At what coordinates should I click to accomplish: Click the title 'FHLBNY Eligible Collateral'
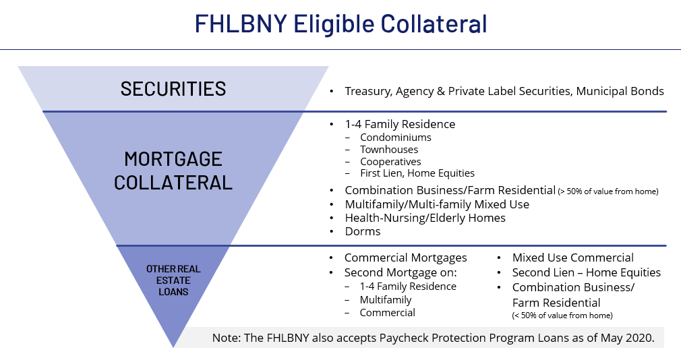pyautogui.click(x=340, y=24)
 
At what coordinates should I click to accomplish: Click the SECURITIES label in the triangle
pyautogui.click(x=173, y=89)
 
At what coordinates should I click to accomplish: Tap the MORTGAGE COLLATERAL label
pyautogui.click(x=173, y=171)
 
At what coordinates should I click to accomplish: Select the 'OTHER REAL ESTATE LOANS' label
pyautogui.click(x=173, y=280)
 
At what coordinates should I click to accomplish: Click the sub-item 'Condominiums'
pyautogui.click(x=396, y=138)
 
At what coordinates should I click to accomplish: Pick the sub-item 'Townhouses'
pyautogui.click(x=389, y=150)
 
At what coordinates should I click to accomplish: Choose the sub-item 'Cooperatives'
pyautogui.click(x=390, y=162)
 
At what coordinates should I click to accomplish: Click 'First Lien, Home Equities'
pyautogui.click(x=417, y=173)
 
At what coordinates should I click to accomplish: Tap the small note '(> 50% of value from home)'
pyautogui.click(x=608, y=191)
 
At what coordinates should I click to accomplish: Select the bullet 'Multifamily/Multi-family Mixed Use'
pyautogui.click(x=437, y=204)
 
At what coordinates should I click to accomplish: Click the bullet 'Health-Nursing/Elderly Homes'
pyautogui.click(x=425, y=218)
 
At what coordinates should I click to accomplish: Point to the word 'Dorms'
pyautogui.click(x=363, y=231)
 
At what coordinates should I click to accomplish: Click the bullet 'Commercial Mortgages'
pyautogui.click(x=406, y=258)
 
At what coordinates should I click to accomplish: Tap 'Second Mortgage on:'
pyautogui.click(x=401, y=272)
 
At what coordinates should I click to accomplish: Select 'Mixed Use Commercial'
pyautogui.click(x=573, y=258)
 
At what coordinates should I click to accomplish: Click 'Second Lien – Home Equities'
pyautogui.click(x=587, y=272)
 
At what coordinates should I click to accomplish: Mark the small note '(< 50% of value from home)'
pyautogui.click(x=562, y=316)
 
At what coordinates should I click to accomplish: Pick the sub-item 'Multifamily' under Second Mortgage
pyautogui.click(x=385, y=299)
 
